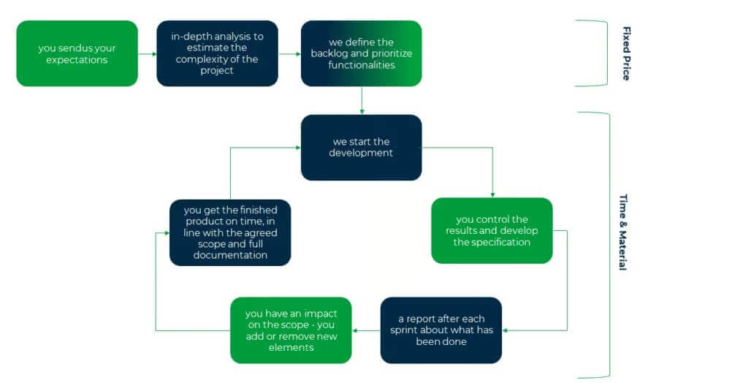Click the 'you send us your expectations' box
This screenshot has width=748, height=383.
point(77,53)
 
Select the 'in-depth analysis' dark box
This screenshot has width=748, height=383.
point(218,53)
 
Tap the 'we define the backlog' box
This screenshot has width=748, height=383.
point(362,53)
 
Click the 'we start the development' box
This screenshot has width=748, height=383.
point(361,147)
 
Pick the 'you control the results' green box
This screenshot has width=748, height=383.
point(492,230)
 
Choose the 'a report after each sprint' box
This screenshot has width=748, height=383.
point(440,330)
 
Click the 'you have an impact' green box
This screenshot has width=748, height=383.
point(291,330)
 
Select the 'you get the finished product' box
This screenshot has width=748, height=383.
point(230,232)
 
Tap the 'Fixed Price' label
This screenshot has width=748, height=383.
point(626,53)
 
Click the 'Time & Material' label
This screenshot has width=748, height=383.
point(623,232)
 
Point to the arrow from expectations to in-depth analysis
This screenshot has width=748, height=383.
point(147,53)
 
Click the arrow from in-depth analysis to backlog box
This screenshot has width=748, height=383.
point(289,53)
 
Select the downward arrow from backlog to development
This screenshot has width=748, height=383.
point(362,100)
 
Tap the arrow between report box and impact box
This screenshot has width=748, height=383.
point(366,330)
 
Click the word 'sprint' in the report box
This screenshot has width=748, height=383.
point(414,330)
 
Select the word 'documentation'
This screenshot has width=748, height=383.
point(230,255)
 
